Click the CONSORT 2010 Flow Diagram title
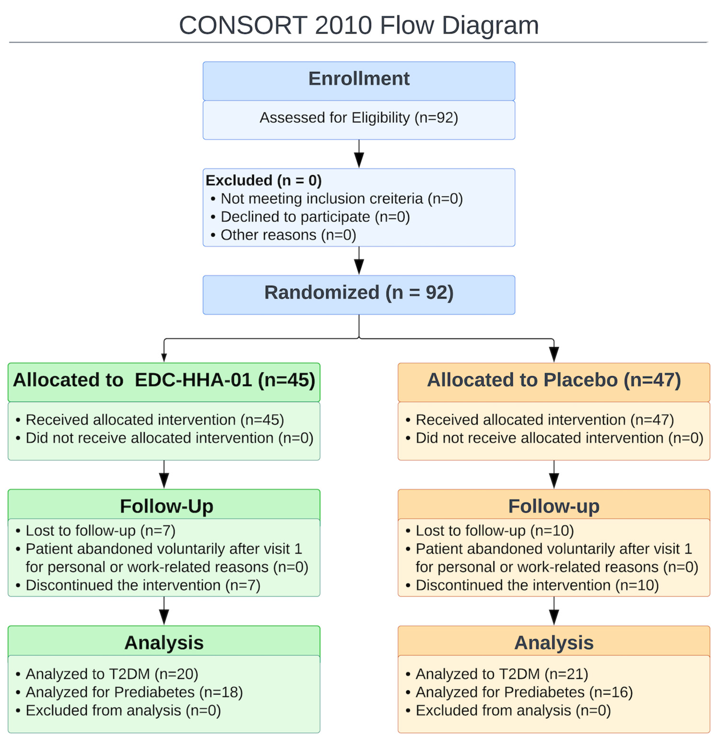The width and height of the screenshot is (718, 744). (x=359, y=25)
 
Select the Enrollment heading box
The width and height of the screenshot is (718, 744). (x=359, y=81)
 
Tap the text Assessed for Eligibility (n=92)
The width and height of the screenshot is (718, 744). (x=359, y=118)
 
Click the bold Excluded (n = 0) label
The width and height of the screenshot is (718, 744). (x=264, y=180)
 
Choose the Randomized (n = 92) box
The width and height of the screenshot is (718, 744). (x=359, y=295)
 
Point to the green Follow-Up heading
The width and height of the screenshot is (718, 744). (x=167, y=506)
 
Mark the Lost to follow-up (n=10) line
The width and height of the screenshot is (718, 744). (x=495, y=531)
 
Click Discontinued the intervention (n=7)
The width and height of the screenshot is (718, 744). (x=143, y=585)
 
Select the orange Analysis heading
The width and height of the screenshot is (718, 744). (x=554, y=643)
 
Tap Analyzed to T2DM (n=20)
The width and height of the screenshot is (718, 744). (x=112, y=674)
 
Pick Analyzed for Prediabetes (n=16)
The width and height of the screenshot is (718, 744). (x=524, y=692)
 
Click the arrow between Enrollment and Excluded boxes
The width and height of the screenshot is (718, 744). (x=359, y=154)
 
